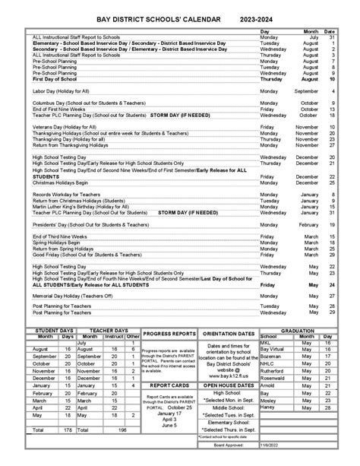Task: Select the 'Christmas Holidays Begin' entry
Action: [x=66, y=182]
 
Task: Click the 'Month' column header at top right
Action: [x=312, y=31]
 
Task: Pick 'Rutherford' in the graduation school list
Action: [x=272, y=371]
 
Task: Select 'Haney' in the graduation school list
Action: [x=268, y=406]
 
